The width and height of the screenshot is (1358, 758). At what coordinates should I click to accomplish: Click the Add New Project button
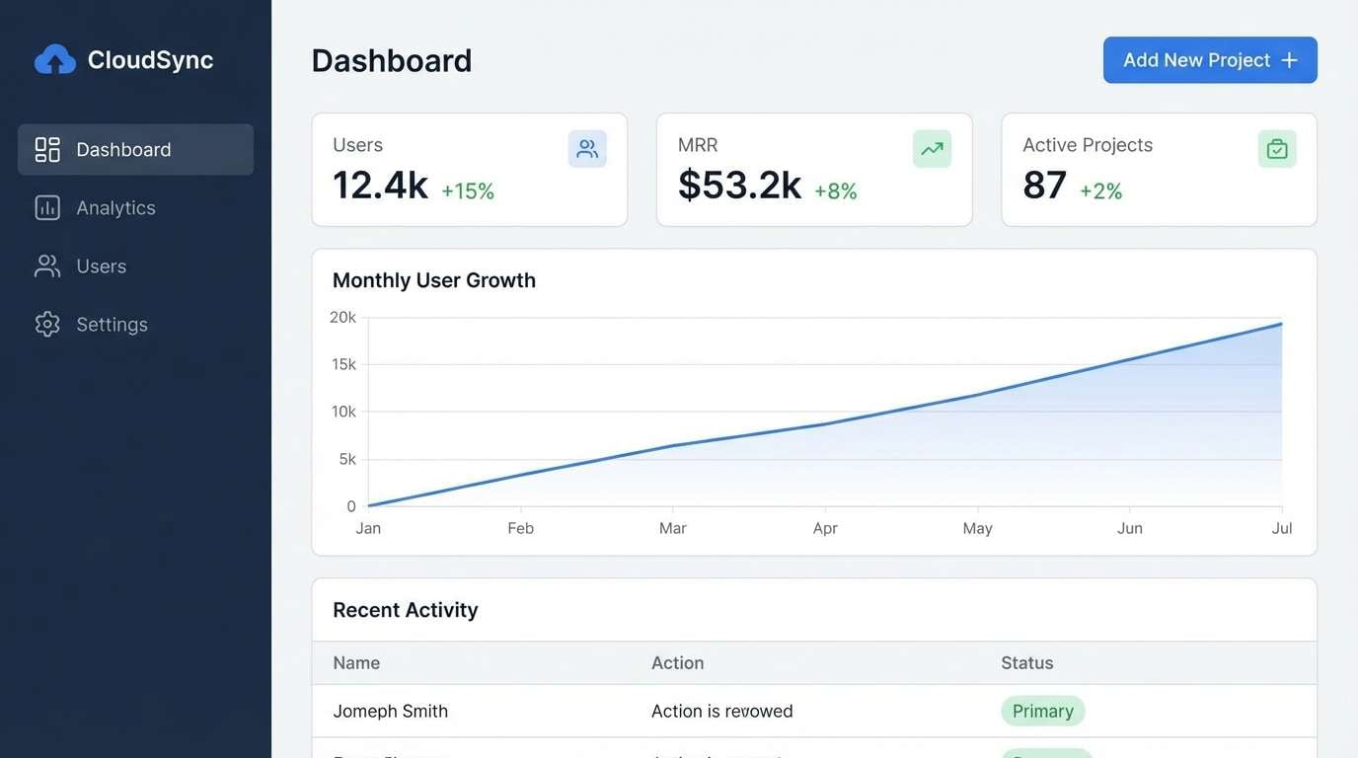tap(1209, 60)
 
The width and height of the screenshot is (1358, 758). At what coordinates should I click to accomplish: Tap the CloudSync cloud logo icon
tap(55, 60)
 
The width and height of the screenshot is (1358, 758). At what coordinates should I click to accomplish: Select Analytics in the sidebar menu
tap(115, 207)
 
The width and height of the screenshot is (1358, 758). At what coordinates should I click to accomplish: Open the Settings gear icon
tap(47, 324)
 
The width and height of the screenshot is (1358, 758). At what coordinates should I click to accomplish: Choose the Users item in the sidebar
tap(101, 265)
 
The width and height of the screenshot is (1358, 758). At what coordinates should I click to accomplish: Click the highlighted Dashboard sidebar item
tap(135, 149)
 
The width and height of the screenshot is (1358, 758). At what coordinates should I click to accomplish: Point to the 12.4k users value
tap(380, 186)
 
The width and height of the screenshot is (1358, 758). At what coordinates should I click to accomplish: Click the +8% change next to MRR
tap(835, 191)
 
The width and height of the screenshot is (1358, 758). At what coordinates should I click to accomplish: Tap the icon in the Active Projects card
tap(1277, 149)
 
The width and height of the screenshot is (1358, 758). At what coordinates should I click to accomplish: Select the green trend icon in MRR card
tap(932, 149)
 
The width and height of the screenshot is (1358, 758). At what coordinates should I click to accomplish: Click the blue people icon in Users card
tap(587, 149)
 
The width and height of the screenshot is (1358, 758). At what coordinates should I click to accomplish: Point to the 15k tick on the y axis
tap(343, 364)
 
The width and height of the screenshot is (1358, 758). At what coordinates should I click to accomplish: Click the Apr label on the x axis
tap(825, 528)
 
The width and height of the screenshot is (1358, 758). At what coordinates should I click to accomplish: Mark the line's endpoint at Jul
tap(1281, 324)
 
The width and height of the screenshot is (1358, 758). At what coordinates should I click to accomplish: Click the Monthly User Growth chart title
tap(434, 280)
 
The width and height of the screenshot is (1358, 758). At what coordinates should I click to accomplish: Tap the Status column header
tap(1026, 663)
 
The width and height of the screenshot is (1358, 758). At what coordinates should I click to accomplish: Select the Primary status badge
tap(1042, 711)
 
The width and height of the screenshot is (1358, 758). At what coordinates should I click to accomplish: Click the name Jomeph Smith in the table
tap(390, 711)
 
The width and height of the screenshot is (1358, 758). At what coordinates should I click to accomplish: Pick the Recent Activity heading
tap(405, 610)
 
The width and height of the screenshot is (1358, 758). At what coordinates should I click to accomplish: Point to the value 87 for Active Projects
tap(1044, 186)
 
